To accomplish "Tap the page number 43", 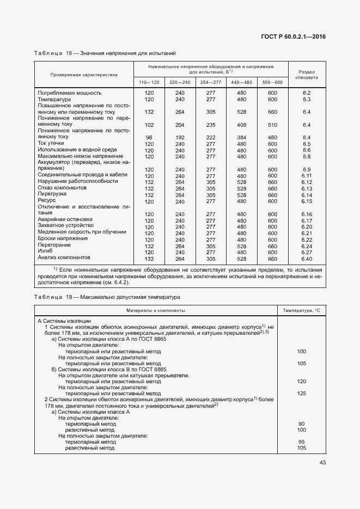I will click(x=322, y=462).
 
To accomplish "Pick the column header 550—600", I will click(x=272, y=82).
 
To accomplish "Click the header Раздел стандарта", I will click(x=307, y=75).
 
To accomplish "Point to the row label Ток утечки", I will click(x=51, y=144).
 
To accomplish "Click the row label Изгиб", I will click(x=45, y=252).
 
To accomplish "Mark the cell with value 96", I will click(x=149, y=137).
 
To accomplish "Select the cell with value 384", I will click(x=241, y=137).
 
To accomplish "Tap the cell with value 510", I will click(x=272, y=124).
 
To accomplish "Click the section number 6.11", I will click(x=306, y=176).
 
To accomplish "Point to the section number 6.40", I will click(x=306, y=259).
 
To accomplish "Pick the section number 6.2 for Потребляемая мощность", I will click(x=306, y=94).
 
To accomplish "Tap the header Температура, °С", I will click(x=301, y=310).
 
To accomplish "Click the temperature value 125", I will click(x=301, y=393).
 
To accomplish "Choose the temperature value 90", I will click(x=301, y=423).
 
